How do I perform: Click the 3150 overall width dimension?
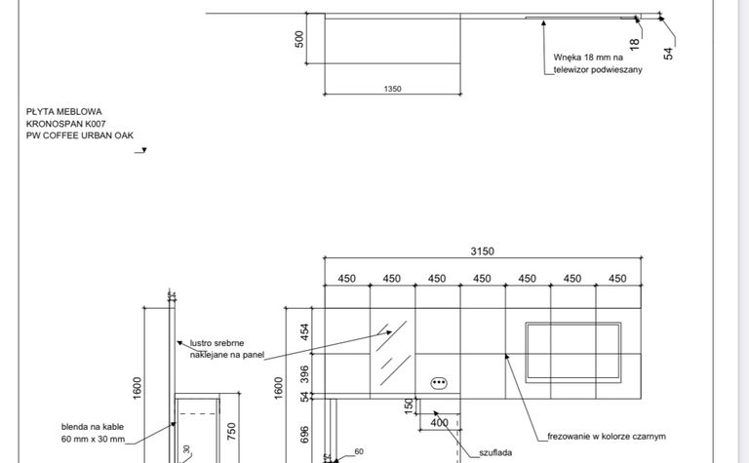482,251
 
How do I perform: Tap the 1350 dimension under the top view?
393,89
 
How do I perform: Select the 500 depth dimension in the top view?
299,39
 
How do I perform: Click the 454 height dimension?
304,331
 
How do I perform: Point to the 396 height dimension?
304,374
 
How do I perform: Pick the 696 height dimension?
304,435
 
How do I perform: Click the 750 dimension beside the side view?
231,432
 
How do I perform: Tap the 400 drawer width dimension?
439,423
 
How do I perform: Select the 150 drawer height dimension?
409,406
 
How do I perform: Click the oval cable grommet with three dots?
439,383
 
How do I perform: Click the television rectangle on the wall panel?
573,353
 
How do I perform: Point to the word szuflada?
495,452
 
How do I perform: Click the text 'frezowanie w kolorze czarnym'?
607,437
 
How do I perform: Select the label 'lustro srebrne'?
217,343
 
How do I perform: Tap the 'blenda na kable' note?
93,427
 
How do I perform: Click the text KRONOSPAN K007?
66,124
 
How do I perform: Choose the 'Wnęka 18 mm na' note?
588,58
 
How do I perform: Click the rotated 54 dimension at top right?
668,54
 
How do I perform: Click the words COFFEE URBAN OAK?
89,135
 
